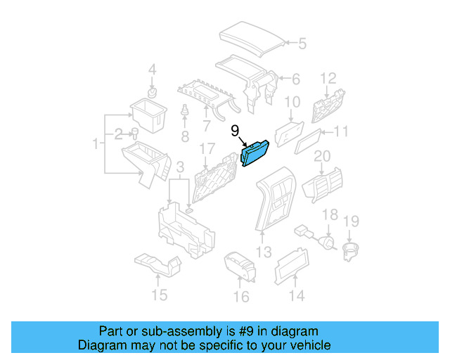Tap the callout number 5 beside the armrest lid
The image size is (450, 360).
click(x=302, y=44)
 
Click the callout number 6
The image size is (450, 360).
click(x=295, y=79)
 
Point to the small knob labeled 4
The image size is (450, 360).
click(x=152, y=92)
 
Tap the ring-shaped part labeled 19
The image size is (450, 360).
click(x=349, y=250)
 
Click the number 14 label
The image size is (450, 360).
click(x=297, y=296)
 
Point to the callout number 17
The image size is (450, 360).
click(x=206, y=149)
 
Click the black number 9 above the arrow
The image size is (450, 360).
click(x=235, y=129)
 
